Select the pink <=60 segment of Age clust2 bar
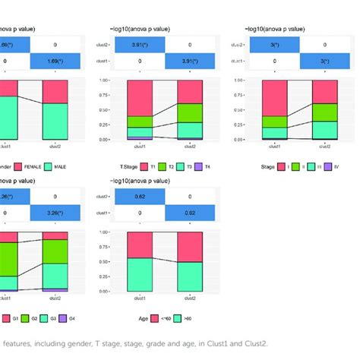click(190, 247)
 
